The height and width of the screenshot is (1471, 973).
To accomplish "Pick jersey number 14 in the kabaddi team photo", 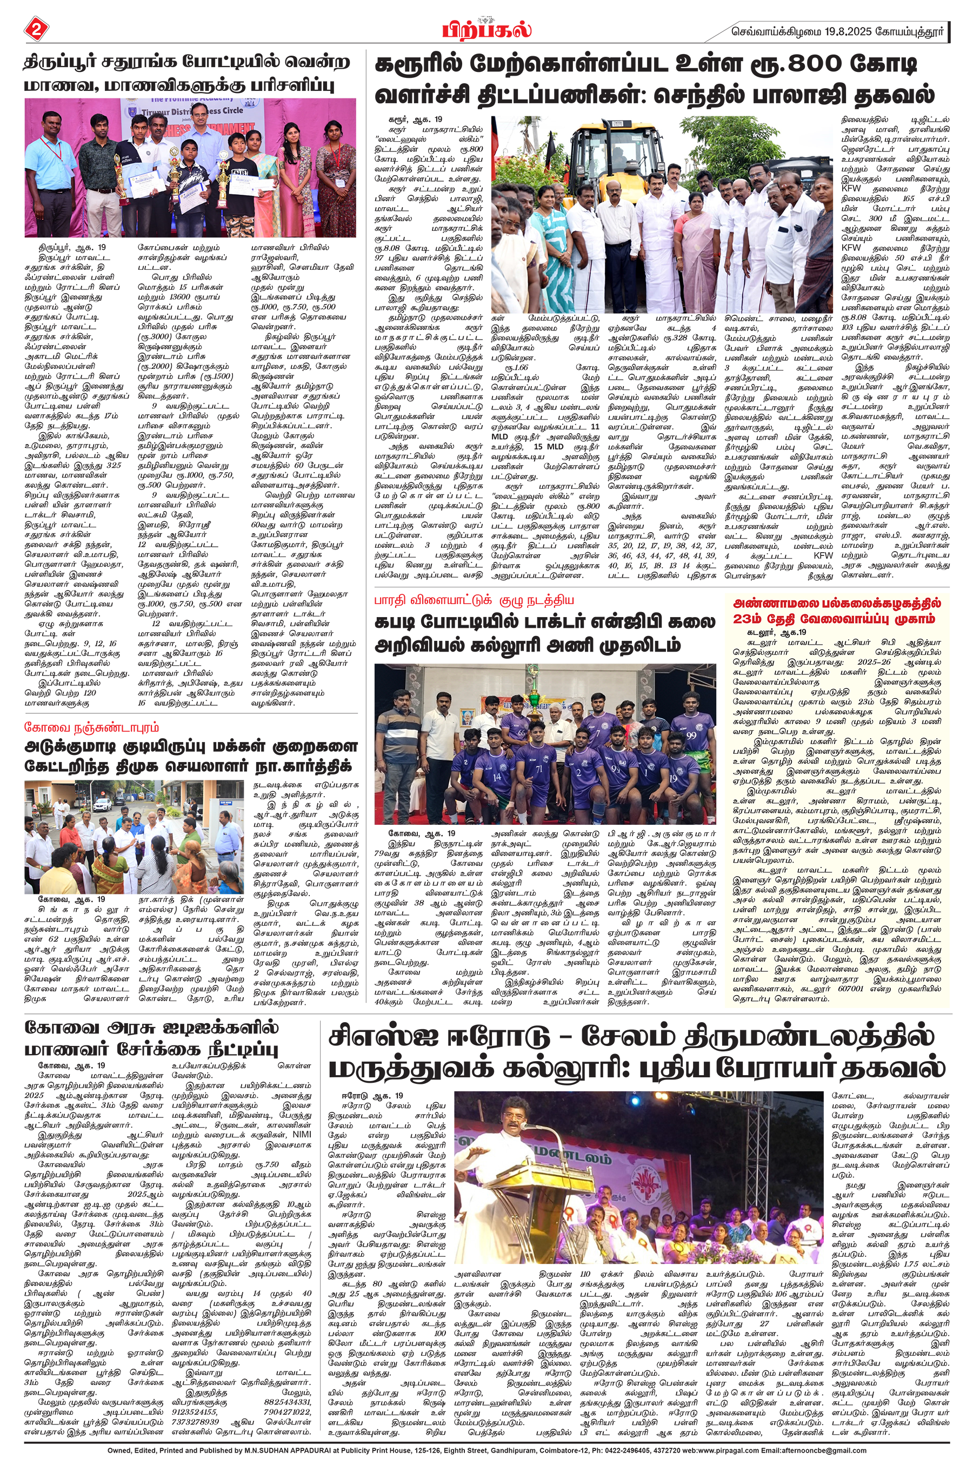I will pyautogui.click(x=496, y=777).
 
